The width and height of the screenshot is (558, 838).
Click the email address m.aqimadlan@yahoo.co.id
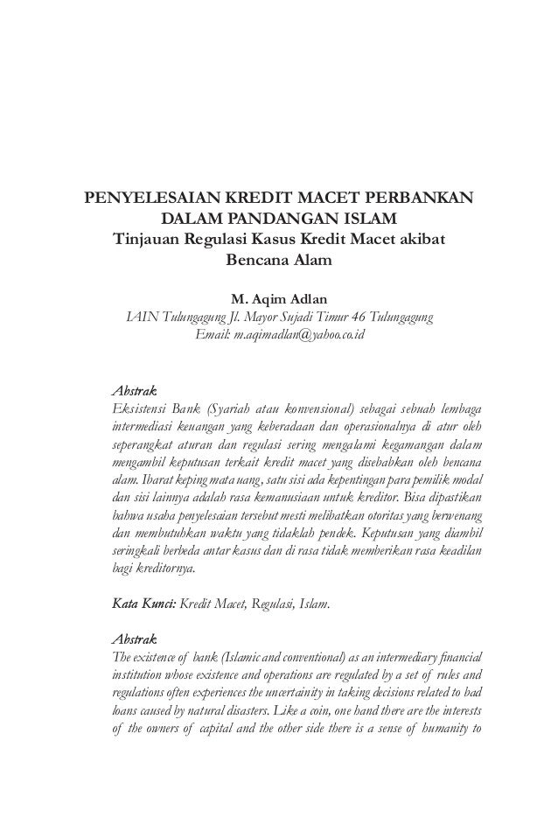(280, 335)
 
